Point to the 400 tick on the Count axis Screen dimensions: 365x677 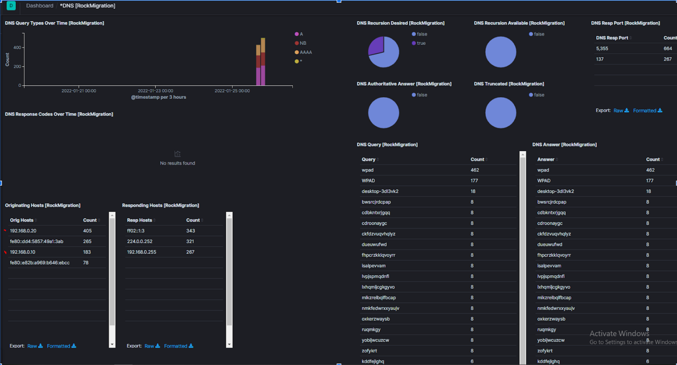(17, 48)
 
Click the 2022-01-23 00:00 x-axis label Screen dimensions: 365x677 (155, 91)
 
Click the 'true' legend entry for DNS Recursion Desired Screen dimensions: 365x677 (421, 43)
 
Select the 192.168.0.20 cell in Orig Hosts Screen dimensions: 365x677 (23, 231)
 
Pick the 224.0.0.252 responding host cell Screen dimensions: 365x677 (139, 241)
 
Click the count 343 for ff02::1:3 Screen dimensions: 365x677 (190, 231)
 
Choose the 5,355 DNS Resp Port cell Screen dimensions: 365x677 (602, 48)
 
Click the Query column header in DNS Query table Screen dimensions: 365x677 (368, 159)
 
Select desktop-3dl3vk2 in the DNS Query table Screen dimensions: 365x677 (380, 191)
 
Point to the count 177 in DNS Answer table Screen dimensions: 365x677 (649, 181)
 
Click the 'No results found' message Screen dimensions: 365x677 (177, 163)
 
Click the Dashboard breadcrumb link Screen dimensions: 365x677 (40, 6)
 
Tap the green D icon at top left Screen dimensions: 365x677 (11, 6)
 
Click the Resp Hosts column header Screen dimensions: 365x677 (139, 220)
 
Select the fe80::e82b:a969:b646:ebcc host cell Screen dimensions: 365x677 (40, 263)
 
